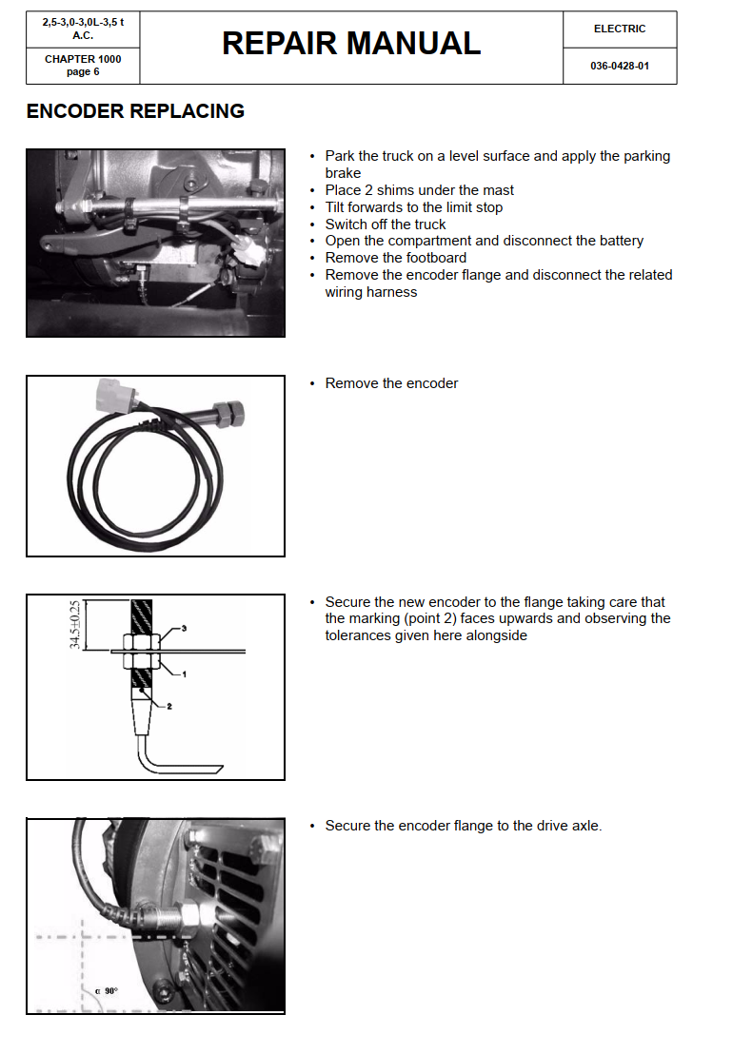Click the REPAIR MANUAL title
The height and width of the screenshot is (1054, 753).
point(351,44)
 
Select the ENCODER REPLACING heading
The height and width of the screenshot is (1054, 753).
point(135,111)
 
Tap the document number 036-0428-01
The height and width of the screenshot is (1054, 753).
point(620,67)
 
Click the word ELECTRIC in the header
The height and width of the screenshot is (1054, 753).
point(620,29)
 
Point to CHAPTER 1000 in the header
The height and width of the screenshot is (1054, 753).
point(83,59)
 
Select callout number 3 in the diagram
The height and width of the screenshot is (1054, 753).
point(183,629)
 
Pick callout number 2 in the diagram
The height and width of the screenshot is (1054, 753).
point(169,706)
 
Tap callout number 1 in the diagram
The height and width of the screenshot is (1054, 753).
point(183,673)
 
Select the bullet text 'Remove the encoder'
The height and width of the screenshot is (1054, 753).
point(391,383)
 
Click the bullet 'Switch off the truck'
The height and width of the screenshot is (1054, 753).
point(386,224)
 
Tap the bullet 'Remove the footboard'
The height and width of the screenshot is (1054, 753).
point(395,258)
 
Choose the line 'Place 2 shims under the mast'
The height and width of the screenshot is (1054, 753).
point(419,190)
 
